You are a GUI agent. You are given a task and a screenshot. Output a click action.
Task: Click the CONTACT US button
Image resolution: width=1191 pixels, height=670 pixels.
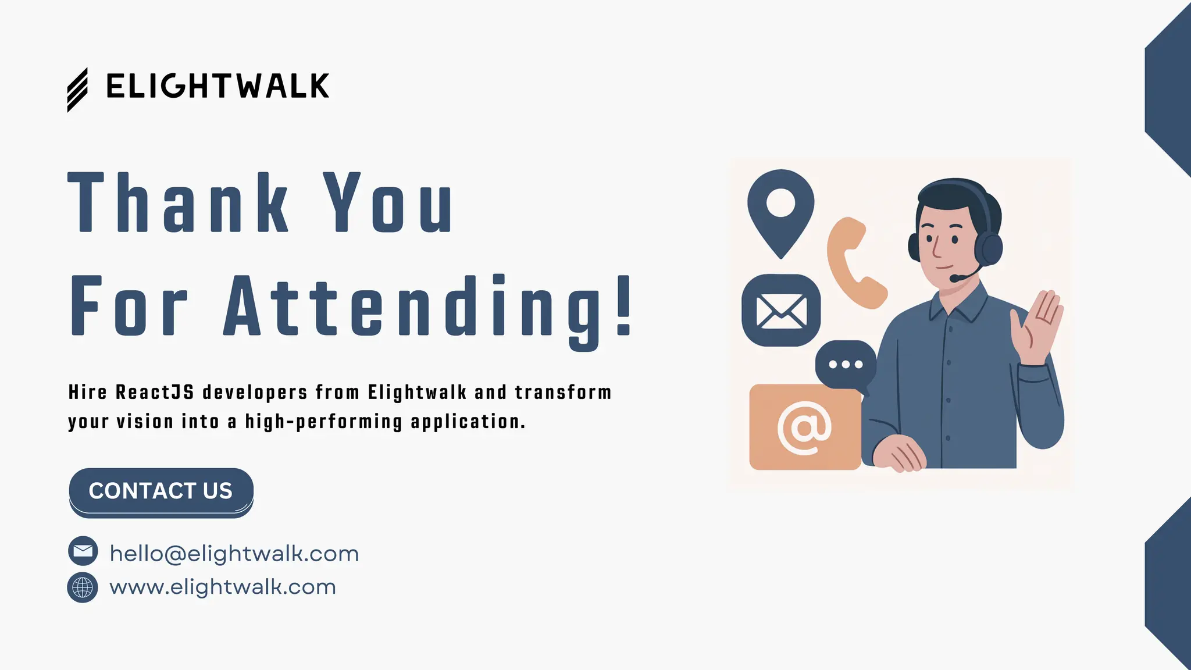click(161, 491)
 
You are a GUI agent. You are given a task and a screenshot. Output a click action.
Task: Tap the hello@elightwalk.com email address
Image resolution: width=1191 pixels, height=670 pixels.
click(234, 554)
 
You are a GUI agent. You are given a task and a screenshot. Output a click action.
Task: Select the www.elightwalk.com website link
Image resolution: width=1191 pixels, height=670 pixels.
click(223, 587)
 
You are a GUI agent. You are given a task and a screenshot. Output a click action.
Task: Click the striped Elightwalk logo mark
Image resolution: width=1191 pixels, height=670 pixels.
click(77, 90)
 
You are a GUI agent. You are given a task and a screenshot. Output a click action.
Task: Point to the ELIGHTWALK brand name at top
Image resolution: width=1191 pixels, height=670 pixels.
click(217, 87)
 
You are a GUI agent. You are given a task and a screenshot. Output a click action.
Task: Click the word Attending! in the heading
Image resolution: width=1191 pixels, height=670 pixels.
click(428, 307)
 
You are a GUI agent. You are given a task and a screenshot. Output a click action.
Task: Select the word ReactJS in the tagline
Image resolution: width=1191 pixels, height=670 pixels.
click(155, 393)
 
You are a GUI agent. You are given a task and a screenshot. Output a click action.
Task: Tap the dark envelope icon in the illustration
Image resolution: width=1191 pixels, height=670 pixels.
click(781, 311)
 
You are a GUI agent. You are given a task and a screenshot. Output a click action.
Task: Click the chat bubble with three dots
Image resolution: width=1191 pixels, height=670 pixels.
click(846, 365)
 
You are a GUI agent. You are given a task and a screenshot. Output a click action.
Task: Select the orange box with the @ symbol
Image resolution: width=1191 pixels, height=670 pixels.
click(805, 427)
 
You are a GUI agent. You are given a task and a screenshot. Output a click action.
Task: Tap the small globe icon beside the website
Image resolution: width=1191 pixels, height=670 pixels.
click(83, 587)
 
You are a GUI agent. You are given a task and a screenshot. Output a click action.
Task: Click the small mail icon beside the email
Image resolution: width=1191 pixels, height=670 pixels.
click(83, 551)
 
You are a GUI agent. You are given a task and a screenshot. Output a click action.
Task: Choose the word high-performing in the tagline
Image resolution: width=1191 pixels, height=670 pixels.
click(323, 422)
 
